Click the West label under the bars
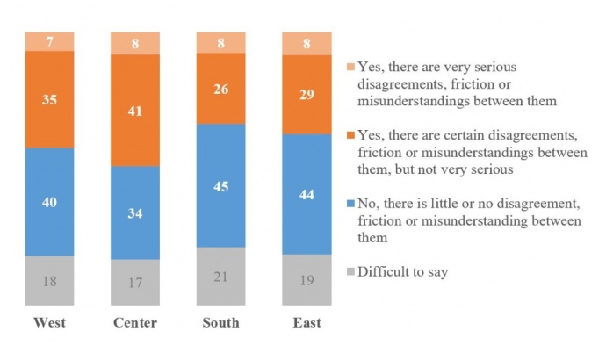(x=49, y=323)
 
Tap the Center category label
(x=135, y=323)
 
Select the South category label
(x=220, y=323)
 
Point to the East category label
(x=307, y=323)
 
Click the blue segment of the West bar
(x=49, y=202)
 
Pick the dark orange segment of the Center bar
(x=135, y=110)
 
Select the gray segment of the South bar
(x=220, y=276)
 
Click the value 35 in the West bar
(x=49, y=99)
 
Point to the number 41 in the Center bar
(x=135, y=110)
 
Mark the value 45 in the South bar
(x=220, y=185)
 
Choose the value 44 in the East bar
(x=307, y=194)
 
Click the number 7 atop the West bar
(x=49, y=41)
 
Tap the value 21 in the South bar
(x=220, y=277)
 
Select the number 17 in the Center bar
(x=135, y=283)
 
